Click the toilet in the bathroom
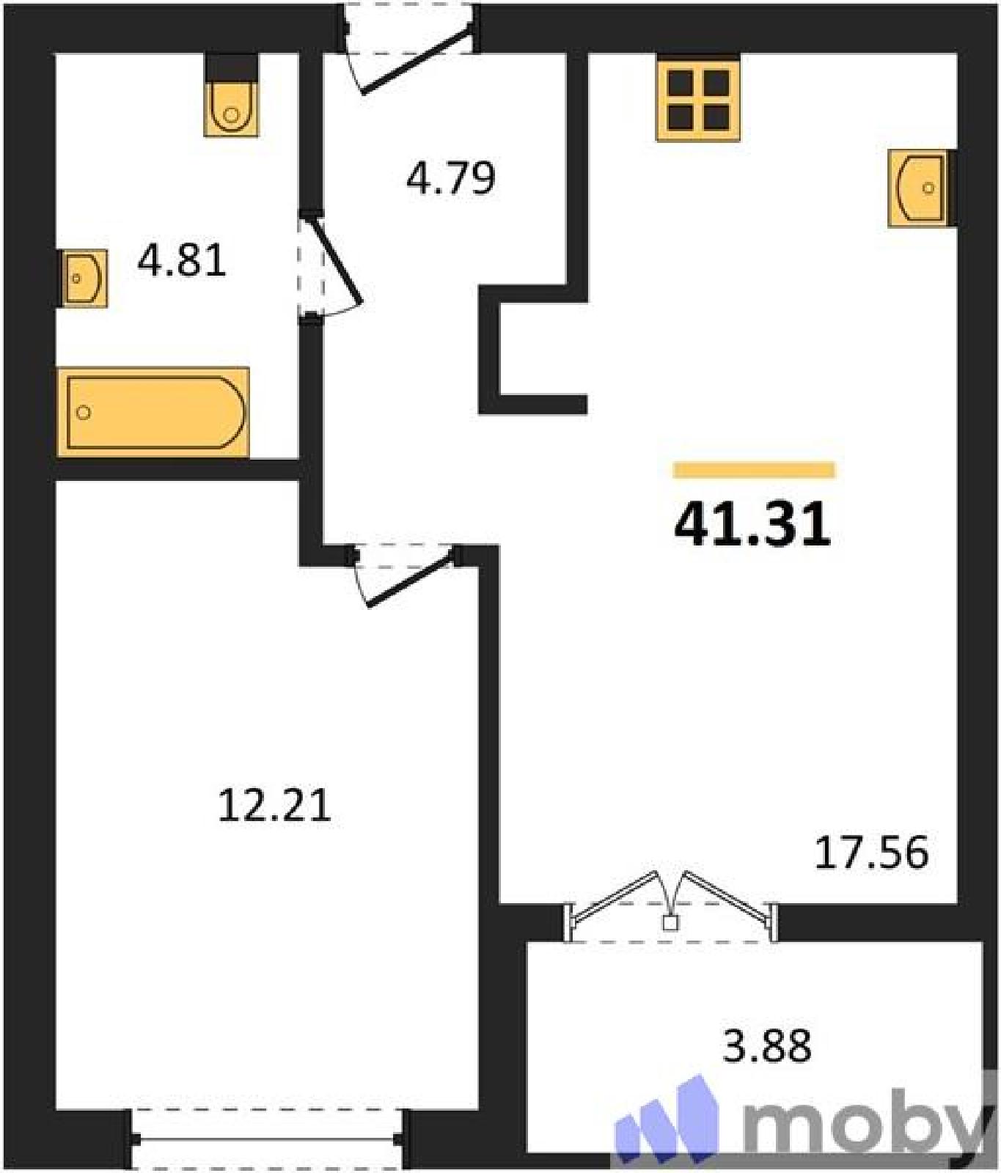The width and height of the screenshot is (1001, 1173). coord(231,95)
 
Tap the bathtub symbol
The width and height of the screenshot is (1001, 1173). coord(153,412)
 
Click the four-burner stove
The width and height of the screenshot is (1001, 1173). coord(698,98)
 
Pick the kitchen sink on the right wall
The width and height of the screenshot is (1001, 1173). coord(923,188)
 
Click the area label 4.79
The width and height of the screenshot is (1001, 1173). coord(451,177)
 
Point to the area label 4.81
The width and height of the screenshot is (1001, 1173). coord(182,260)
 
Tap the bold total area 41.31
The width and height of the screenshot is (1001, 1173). coord(752,524)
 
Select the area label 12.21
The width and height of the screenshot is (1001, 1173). coord(275,805)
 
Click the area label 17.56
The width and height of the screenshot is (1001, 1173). coord(872,852)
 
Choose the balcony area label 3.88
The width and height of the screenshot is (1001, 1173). coord(767,1045)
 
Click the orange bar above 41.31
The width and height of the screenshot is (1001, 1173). coord(754,470)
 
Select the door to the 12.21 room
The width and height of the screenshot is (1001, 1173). coord(406,573)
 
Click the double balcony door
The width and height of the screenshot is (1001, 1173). coord(670,905)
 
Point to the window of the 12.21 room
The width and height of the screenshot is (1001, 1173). coord(267,1139)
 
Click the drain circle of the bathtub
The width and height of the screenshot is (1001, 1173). coord(84,413)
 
